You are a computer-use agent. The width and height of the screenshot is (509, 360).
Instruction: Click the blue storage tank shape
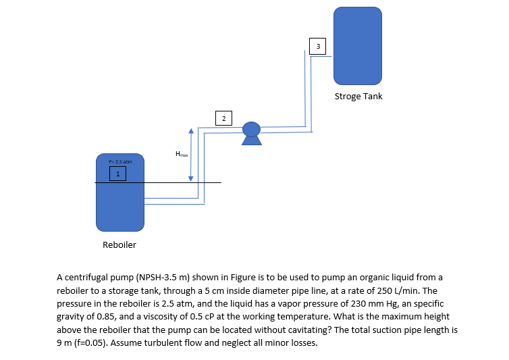point(358,44)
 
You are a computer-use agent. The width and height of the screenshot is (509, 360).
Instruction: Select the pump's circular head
point(251,129)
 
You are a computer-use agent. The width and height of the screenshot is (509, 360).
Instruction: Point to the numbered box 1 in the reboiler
point(119,174)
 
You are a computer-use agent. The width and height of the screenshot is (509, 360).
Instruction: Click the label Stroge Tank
point(358,96)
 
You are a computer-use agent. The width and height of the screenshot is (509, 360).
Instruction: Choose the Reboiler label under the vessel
point(119,245)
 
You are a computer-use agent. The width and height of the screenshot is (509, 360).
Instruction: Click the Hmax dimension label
point(181,154)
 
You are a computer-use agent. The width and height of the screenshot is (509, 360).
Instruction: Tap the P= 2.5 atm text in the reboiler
point(120,162)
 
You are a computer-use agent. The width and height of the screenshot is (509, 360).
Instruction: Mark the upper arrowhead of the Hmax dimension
point(191,132)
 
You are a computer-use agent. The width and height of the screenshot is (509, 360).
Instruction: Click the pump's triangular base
point(251,141)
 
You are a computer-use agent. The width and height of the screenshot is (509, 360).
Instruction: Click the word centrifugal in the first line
point(86,278)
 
